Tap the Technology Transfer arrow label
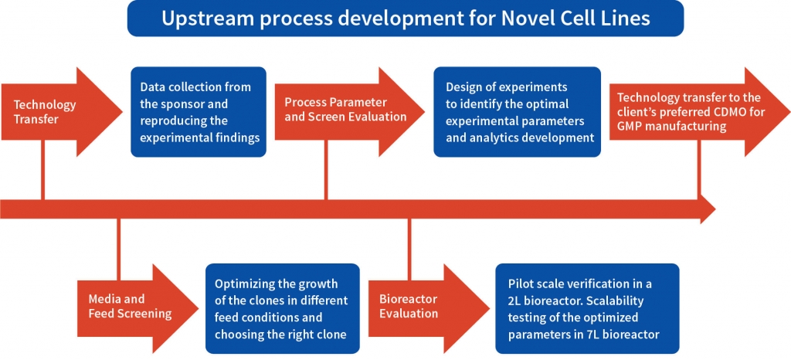coord(45,112)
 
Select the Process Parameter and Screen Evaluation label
coord(345,110)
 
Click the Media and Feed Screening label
coord(130,306)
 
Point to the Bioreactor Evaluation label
coord(409,306)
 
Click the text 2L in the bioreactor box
coord(515,301)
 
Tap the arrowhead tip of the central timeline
coord(715,209)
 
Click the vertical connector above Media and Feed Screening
coord(118,249)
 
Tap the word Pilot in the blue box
coord(521,284)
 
